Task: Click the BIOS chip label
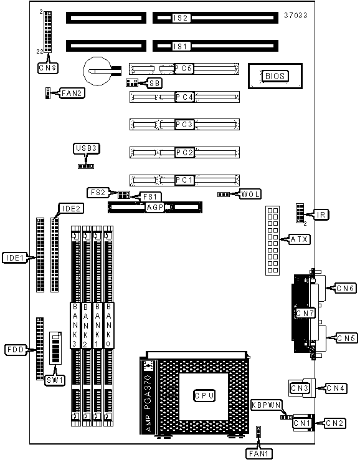(275, 76)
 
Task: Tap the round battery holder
(97, 71)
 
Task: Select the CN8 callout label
(48, 68)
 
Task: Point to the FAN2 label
(72, 93)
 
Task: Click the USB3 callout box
(86, 148)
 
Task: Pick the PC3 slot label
(184, 124)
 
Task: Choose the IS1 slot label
(181, 46)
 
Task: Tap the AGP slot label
(155, 207)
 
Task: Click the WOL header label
(250, 194)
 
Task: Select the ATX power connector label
(300, 239)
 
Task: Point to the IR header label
(321, 214)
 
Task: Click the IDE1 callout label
(15, 258)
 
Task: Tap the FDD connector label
(16, 350)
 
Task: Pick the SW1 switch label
(55, 380)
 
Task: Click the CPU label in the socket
(204, 395)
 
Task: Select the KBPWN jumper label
(266, 405)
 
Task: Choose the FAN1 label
(259, 453)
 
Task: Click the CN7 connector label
(305, 313)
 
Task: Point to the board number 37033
(295, 16)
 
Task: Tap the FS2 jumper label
(98, 193)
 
